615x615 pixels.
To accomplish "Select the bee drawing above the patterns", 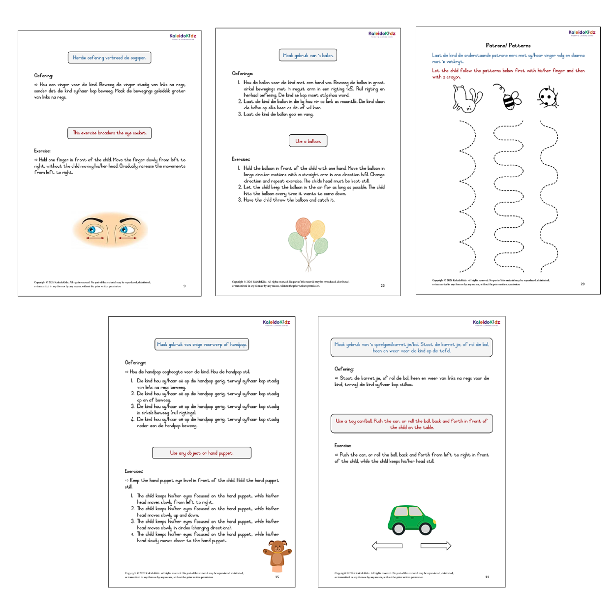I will (x=510, y=97).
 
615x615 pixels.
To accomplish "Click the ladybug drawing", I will (x=548, y=97).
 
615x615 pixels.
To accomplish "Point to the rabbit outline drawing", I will (x=466, y=98).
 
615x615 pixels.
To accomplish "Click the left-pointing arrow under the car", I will (x=387, y=546).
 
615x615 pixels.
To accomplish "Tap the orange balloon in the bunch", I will (x=303, y=227).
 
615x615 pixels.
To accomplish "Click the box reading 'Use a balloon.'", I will (x=308, y=141).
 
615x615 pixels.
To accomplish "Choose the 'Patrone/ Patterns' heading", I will (x=508, y=45).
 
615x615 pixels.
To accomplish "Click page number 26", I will (x=382, y=285).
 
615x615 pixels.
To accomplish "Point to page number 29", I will (x=583, y=284).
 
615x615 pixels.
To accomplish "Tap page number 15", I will (x=277, y=577).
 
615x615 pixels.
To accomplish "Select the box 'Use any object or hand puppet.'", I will (x=202, y=453).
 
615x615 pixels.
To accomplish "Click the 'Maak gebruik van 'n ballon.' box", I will (x=308, y=56).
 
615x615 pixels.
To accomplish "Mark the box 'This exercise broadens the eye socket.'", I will (x=109, y=133).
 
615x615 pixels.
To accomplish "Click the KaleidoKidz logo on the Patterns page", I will (x=582, y=33).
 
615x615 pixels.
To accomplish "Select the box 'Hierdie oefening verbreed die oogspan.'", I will (x=109, y=58).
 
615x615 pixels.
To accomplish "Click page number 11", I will (x=487, y=577).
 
